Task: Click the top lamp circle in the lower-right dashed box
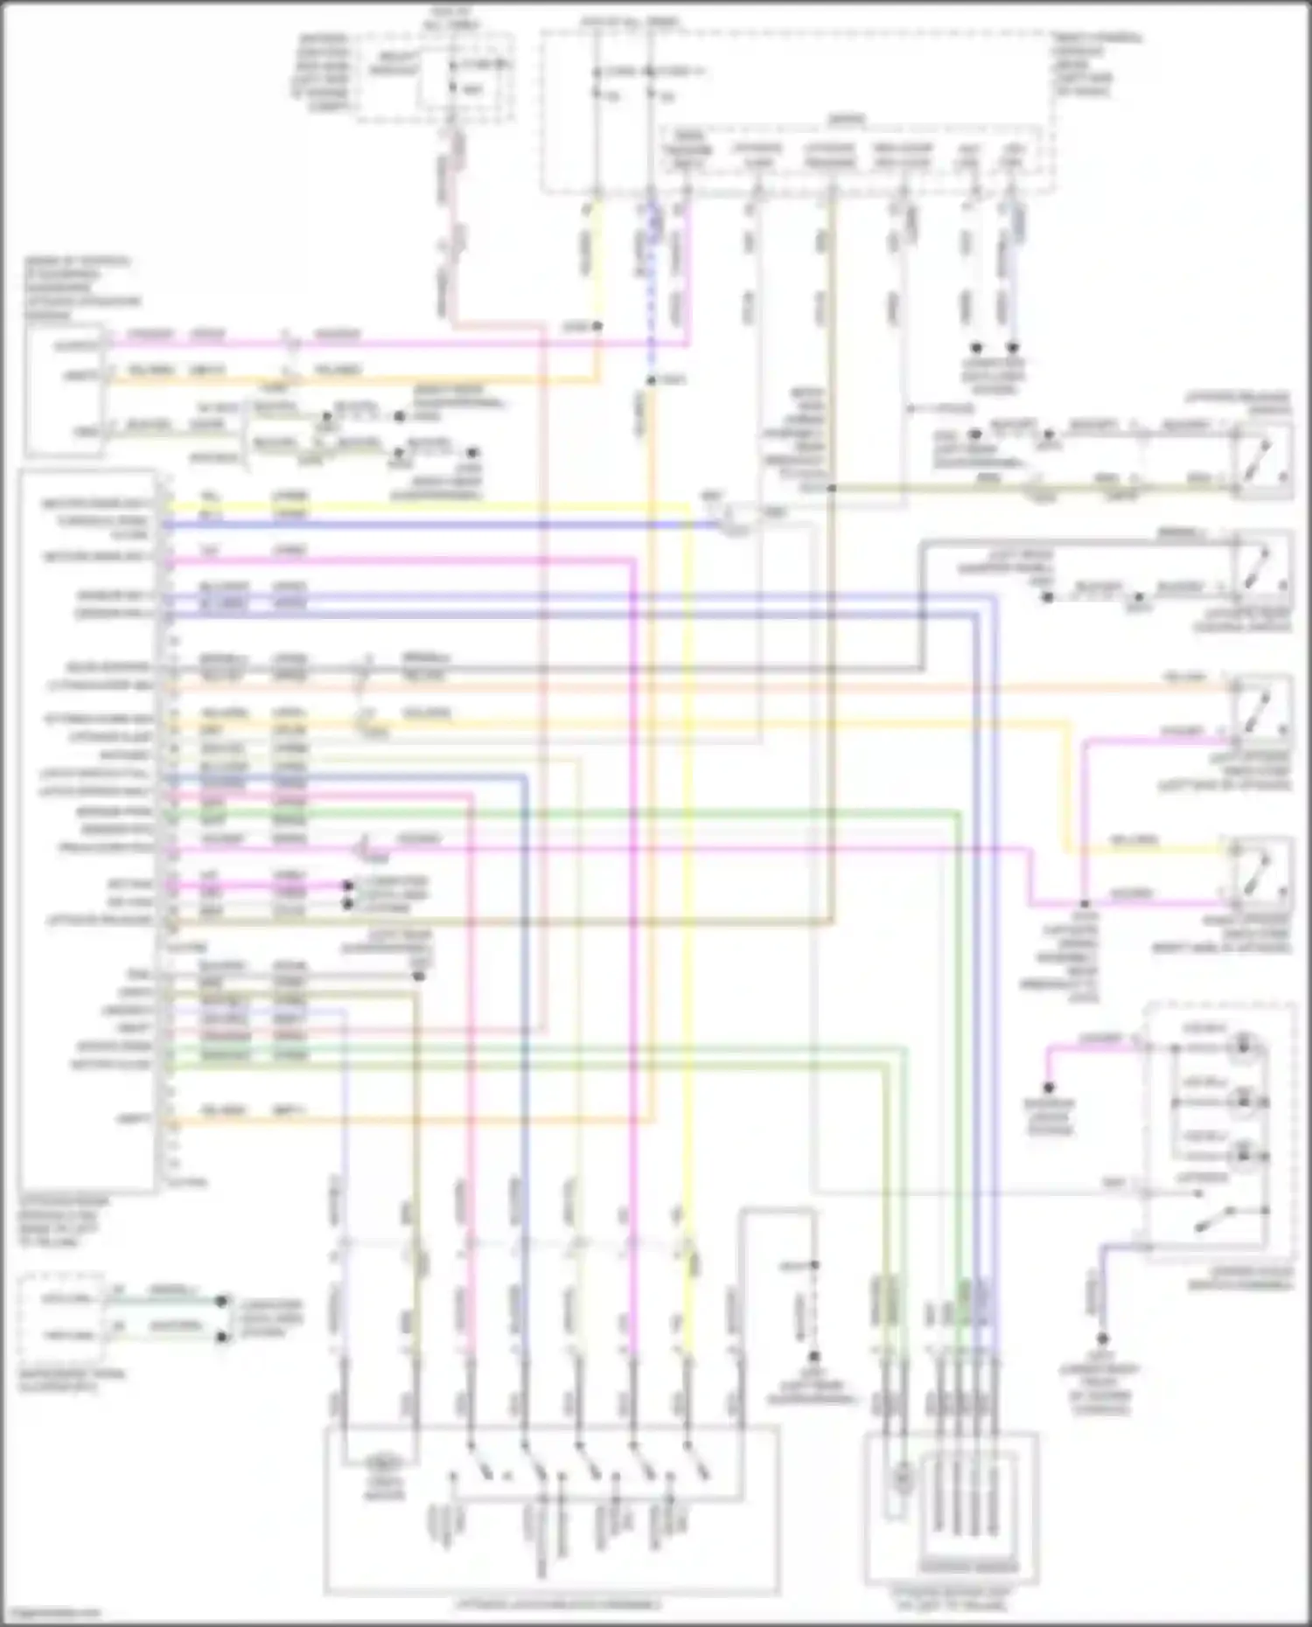click(1243, 1046)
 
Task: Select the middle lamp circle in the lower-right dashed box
click(1243, 1102)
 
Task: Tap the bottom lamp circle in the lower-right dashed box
click(1243, 1156)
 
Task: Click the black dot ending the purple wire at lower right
click(1102, 1338)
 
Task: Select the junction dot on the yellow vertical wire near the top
click(597, 326)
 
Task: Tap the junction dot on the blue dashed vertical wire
click(651, 380)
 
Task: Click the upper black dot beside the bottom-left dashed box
click(223, 1301)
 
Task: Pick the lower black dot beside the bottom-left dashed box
click(223, 1338)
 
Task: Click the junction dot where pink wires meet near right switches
click(1084, 903)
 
